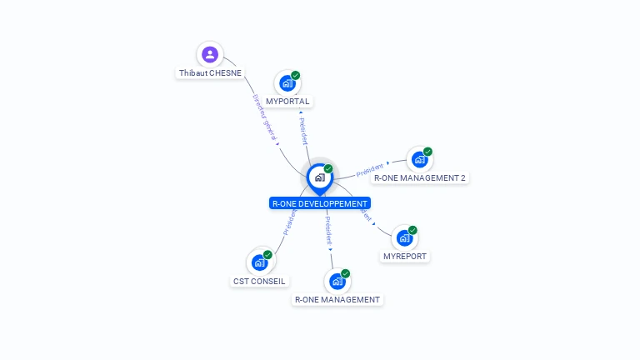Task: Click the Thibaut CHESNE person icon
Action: [210, 55]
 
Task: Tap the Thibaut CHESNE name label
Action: [210, 73]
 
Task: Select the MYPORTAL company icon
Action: [287, 83]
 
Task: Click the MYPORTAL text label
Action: [287, 102]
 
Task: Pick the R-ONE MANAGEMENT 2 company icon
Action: [419, 159]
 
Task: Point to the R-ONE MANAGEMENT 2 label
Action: [419, 178]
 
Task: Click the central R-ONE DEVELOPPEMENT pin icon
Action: [319, 177]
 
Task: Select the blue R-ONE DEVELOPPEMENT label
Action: [319, 203]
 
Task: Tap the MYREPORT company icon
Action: [404, 237]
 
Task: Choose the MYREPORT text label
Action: [404, 257]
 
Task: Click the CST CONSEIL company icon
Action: [259, 262]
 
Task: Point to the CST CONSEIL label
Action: [259, 282]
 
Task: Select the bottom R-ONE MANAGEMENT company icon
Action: [337, 281]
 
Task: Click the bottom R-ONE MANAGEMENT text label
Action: [337, 300]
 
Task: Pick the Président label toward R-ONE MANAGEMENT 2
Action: [370, 169]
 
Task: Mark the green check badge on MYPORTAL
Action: [296, 75]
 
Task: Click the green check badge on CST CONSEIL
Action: [267, 254]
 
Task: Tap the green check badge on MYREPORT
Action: [412, 230]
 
